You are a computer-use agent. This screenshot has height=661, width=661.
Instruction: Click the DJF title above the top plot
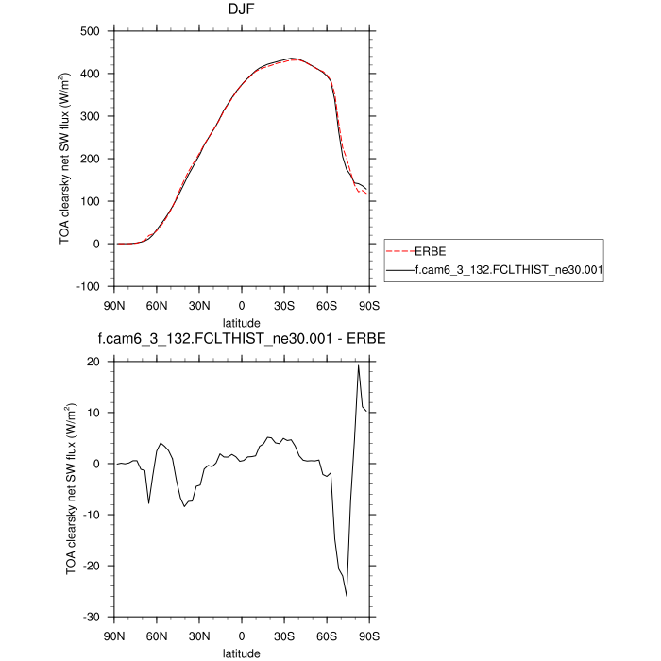(x=243, y=10)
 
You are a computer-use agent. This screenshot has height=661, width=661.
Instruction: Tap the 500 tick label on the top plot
(x=91, y=31)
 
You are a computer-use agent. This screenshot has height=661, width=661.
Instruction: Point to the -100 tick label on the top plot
(x=89, y=286)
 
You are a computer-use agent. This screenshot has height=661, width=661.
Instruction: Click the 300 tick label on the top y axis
(x=91, y=116)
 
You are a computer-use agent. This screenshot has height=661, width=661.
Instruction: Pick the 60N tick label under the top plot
(x=156, y=305)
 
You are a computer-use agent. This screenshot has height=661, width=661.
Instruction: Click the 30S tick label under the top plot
(x=284, y=305)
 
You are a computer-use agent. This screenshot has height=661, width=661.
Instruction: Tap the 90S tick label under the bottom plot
(x=369, y=635)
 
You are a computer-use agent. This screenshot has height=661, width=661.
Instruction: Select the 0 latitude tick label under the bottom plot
(x=242, y=635)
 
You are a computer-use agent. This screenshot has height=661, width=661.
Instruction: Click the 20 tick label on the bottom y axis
(x=93, y=362)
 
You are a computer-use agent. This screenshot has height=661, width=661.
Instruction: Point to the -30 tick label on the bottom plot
(x=92, y=617)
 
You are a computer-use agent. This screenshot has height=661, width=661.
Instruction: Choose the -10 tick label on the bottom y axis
(x=92, y=515)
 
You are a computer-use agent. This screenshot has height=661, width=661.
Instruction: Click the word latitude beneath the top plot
(x=242, y=323)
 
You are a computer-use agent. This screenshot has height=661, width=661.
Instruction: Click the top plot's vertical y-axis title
(x=65, y=159)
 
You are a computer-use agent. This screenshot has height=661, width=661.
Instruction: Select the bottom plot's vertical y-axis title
(x=69, y=488)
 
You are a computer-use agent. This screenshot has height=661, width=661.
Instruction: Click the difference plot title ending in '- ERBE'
(x=243, y=338)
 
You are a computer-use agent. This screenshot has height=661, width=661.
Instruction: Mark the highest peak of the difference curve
(x=358, y=365)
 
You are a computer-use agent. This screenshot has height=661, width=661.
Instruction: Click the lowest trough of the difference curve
(x=347, y=596)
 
